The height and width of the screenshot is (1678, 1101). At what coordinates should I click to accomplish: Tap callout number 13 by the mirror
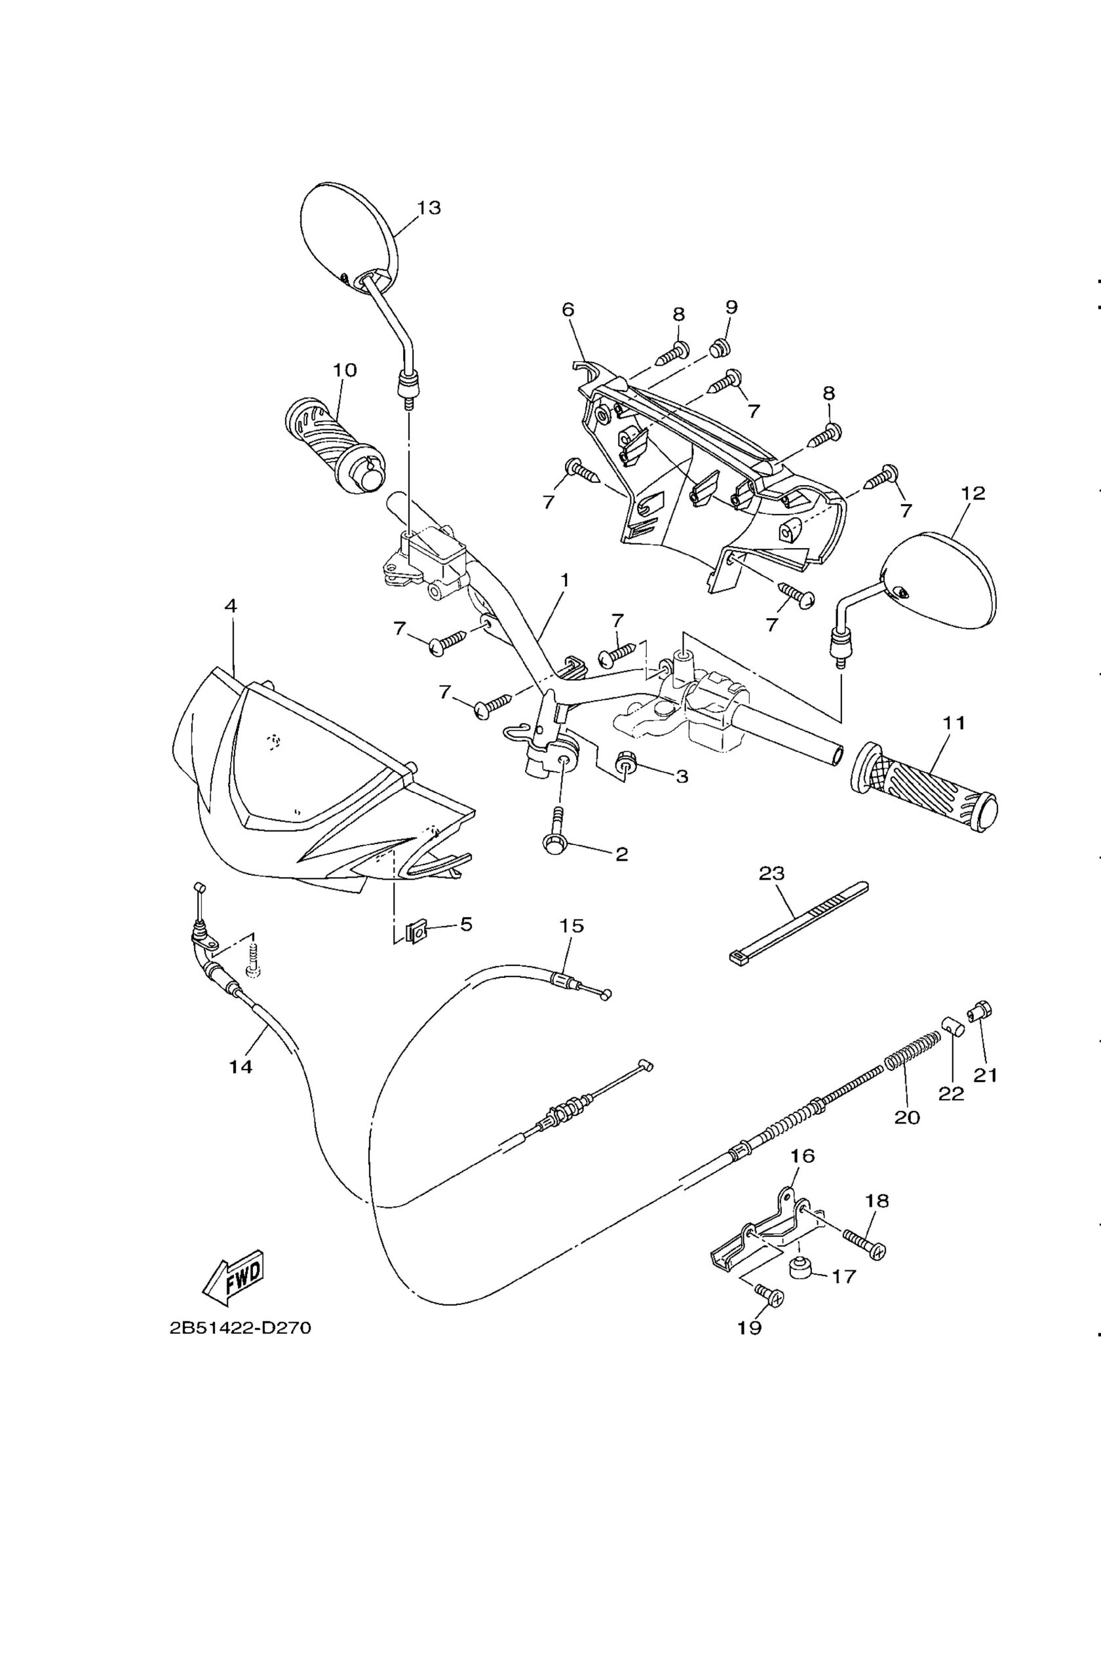[429, 207]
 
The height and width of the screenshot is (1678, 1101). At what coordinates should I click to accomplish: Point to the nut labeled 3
[625, 762]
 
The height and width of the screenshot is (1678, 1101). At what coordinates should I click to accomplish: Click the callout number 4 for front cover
[231, 606]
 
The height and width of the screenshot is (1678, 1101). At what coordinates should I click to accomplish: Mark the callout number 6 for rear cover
[568, 309]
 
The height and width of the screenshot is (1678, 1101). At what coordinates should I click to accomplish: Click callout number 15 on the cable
[571, 924]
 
